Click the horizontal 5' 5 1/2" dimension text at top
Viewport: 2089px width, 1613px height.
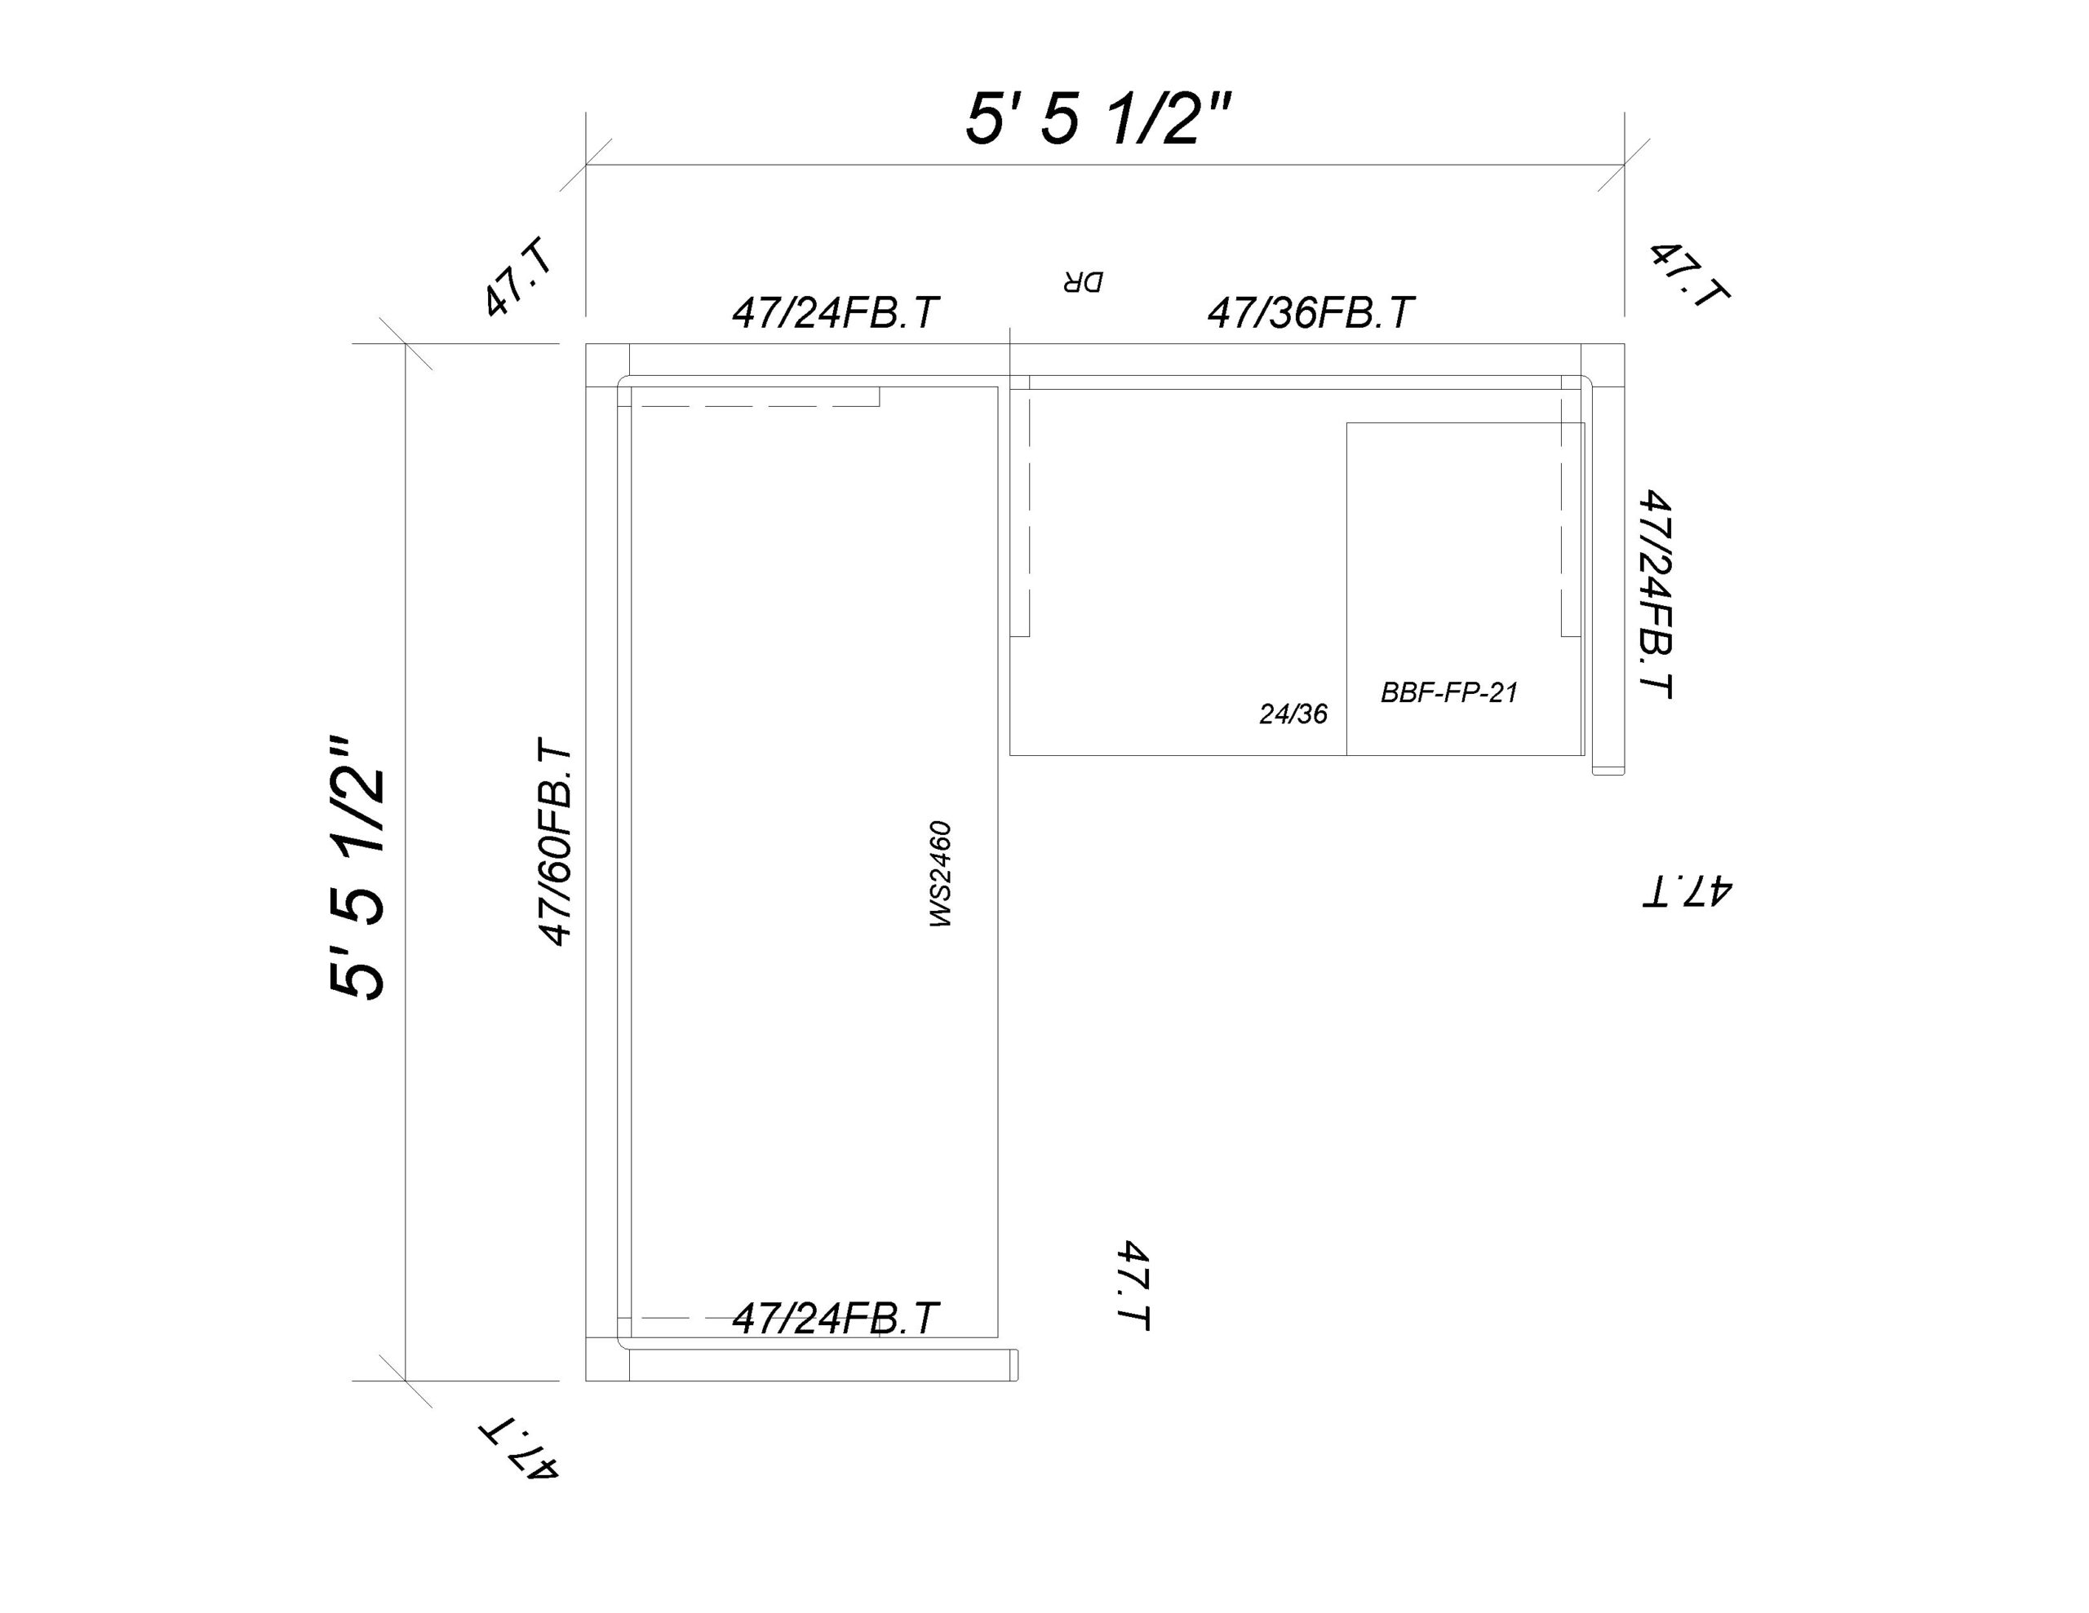[x=1098, y=120]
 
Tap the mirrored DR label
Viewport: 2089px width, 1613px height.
[x=1082, y=282]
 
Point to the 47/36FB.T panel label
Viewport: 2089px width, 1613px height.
[x=1311, y=312]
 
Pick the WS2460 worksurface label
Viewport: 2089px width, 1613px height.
[x=940, y=874]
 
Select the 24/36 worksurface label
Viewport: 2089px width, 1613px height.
[x=1293, y=714]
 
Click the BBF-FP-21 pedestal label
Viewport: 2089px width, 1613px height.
[x=1449, y=692]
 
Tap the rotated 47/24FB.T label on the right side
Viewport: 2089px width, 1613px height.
[x=1656, y=594]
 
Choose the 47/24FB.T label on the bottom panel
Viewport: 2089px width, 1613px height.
[x=835, y=1319]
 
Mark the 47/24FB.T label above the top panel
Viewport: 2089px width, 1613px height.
[x=835, y=312]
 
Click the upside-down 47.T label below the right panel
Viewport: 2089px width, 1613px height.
[x=1688, y=890]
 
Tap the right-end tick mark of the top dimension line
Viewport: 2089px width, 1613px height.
[x=1624, y=165]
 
